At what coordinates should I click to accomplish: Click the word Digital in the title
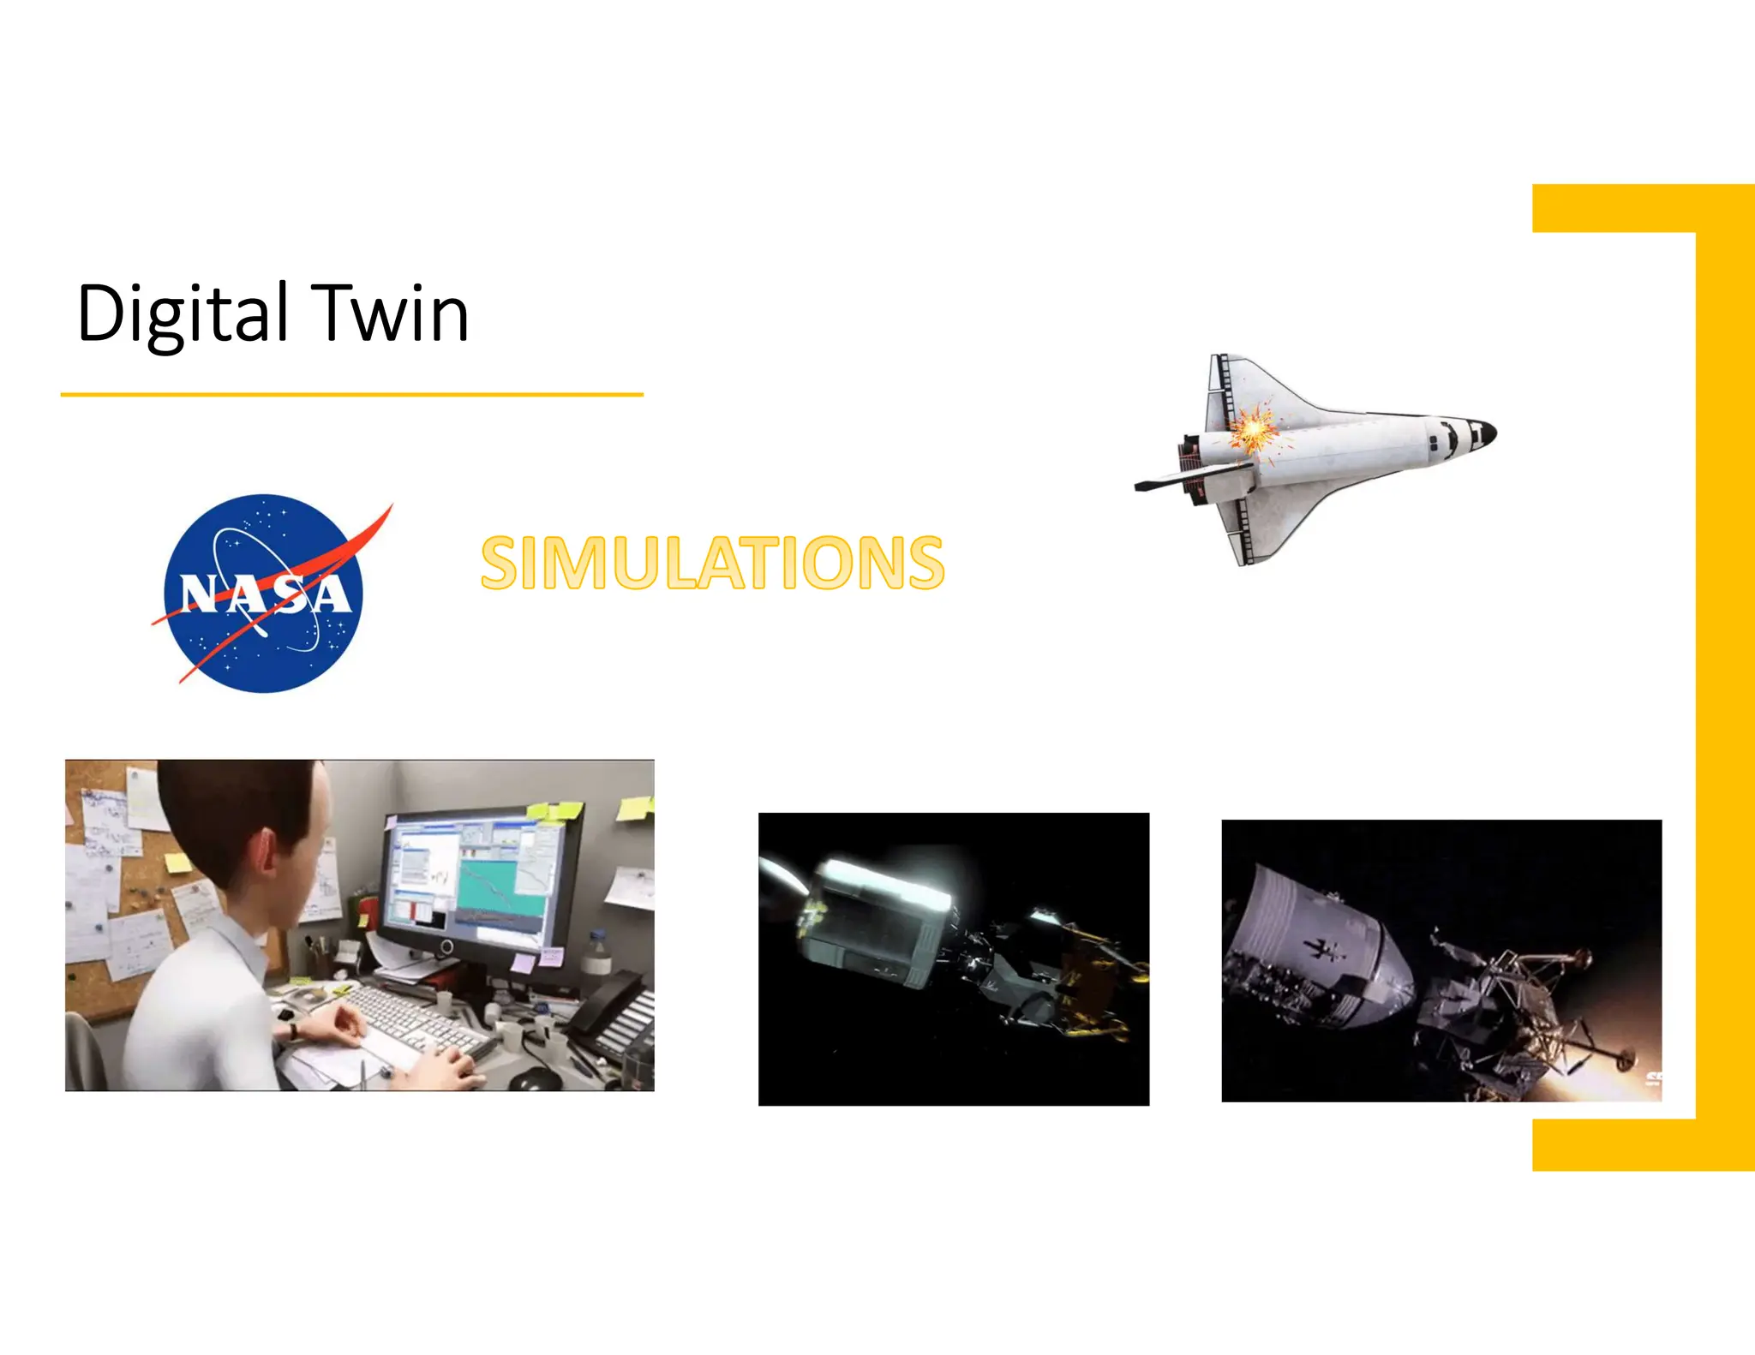tap(183, 313)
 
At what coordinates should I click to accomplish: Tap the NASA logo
tap(264, 593)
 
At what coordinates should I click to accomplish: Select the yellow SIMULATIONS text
tap(712, 563)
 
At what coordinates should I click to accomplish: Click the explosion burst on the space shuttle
tap(1253, 427)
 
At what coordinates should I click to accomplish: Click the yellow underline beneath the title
tap(351, 395)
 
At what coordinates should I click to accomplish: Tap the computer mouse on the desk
tap(533, 1078)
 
